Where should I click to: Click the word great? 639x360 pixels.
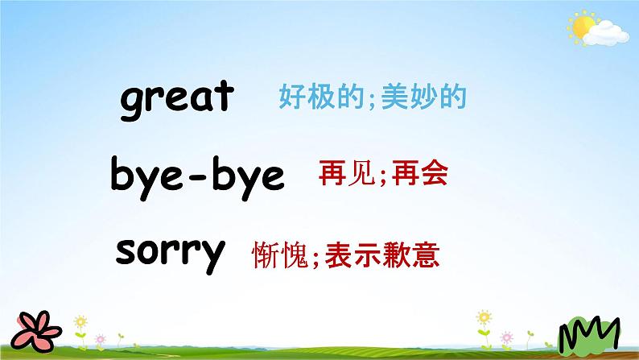click(177, 100)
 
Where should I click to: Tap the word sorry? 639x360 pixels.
click(171, 254)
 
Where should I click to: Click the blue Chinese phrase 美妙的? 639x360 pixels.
click(424, 97)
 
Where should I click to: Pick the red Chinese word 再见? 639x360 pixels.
click(347, 173)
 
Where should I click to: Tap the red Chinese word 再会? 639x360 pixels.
click(420, 173)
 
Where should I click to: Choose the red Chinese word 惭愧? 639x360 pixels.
click(280, 255)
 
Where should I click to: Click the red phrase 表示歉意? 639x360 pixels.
click(382, 255)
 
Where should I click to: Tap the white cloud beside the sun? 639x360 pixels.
click(606, 34)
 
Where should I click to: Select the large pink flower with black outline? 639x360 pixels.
click(36, 331)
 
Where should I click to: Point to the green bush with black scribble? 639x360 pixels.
click(589, 334)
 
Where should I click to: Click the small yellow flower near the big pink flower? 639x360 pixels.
click(80, 322)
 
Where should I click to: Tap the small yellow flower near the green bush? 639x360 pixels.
click(484, 317)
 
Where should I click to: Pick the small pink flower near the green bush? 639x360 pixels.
click(506, 337)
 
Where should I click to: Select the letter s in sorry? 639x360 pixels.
click(125, 251)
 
